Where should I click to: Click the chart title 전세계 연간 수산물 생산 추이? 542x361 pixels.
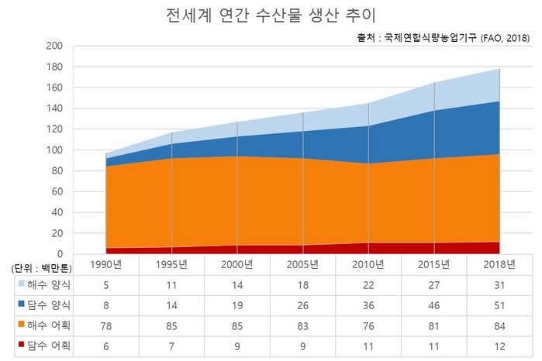click(x=271, y=15)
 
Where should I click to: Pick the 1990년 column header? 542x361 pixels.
click(x=105, y=265)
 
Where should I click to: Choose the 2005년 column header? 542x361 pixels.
click(x=302, y=265)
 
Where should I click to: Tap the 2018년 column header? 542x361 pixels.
click(x=499, y=265)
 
